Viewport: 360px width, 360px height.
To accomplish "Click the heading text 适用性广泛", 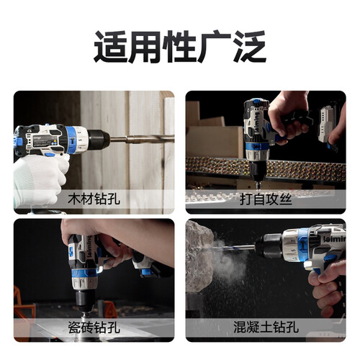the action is (x=180, y=47).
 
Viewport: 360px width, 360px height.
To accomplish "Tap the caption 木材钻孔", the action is (x=94, y=199).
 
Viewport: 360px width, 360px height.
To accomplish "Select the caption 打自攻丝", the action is (x=266, y=199).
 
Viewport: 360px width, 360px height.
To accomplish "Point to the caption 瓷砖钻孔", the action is (x=94, y=327).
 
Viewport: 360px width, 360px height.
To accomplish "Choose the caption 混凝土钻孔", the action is (x=266, y=327).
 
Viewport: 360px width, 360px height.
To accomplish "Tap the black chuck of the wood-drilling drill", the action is (x=99, y=139).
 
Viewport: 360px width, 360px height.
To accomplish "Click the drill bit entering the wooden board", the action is (x=142, y=139).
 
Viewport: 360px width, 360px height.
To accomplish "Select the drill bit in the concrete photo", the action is (x=232, y=248).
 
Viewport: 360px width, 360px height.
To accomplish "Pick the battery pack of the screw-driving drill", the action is (x=327, y=125).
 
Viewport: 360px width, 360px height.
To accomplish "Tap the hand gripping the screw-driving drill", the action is (x=288, y=115).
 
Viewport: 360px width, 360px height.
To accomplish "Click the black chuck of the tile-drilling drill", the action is (x=85, y=301).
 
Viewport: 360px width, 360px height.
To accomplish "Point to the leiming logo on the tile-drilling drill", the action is (x=89, y=246).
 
